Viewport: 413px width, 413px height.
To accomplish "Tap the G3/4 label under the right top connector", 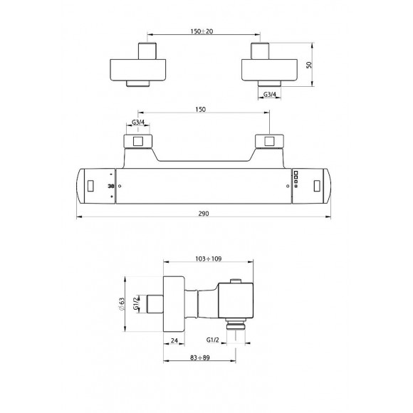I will click(x=270, y=94).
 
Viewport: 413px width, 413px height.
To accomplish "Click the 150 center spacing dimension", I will click(x=200, y=109).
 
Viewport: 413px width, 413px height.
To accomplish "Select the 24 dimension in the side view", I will click(x=174, y=340).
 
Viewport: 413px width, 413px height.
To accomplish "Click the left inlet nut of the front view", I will click(x=137, y=142).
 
